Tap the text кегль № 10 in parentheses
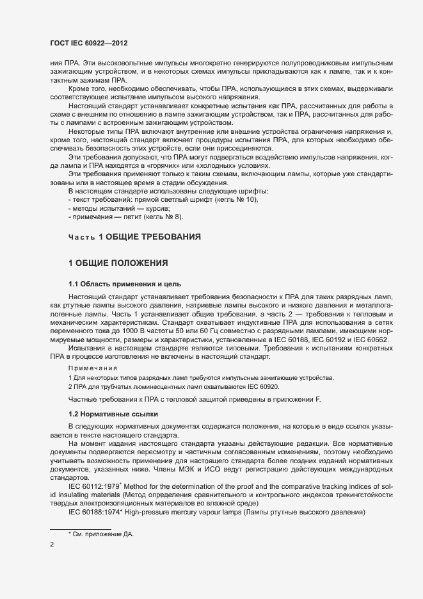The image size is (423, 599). click(x=235, y=200)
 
